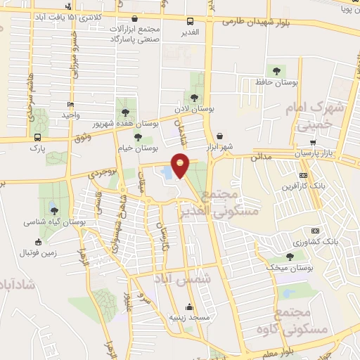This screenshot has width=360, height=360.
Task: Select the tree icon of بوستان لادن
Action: tap(194, 98)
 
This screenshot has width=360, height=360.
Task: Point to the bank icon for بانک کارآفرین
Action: tap(303, 175)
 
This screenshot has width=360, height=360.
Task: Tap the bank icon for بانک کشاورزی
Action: tap(316, 231)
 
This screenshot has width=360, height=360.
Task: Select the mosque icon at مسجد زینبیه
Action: tap(189, 307)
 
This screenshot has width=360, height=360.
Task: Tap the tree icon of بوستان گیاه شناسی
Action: tap(54, 210)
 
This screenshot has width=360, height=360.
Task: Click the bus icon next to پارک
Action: tap(37, 138)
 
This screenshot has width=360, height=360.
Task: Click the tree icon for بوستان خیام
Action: tap(137, 137)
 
